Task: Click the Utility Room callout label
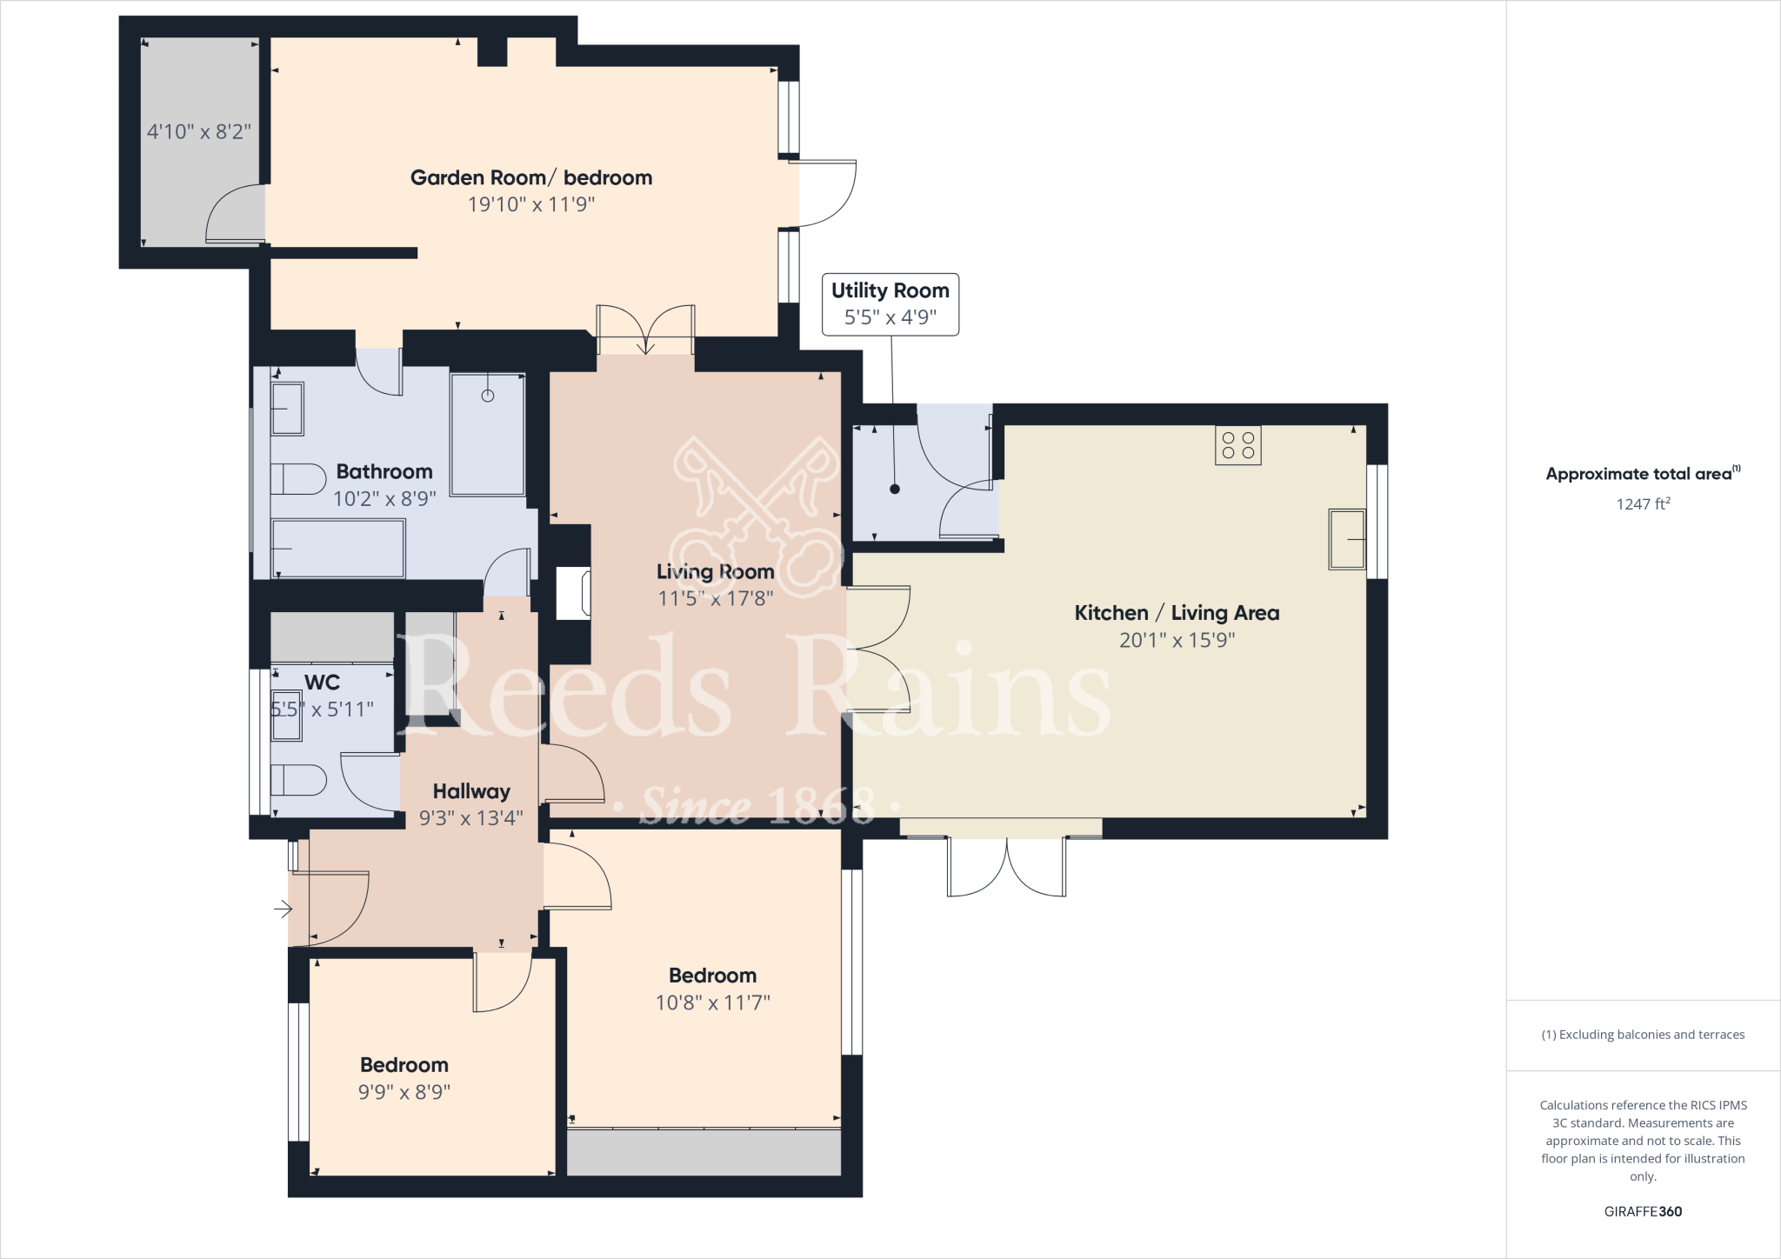(890, 303)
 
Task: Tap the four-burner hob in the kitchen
(1237, 446)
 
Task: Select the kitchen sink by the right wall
(1346, 539)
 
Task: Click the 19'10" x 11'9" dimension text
(531, 204)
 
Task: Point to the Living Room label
(715, 572)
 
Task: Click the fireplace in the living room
(573, 593)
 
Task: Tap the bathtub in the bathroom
(338, 549)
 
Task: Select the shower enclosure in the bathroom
(488, 435)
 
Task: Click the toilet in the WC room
(297, 780)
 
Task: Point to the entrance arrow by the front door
(283, 909)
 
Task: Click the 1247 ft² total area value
(1643, 504)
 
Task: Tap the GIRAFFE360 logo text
(1643, 1211)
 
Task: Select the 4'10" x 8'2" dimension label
(198, 132)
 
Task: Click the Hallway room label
(471, 791)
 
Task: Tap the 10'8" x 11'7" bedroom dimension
(712, 1003)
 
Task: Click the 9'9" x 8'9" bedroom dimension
(404, 1092)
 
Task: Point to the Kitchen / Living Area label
(1177, 613)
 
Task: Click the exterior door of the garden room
(826, 193)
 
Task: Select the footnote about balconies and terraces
(1643, 1035)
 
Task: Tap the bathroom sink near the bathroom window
(286, 409)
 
